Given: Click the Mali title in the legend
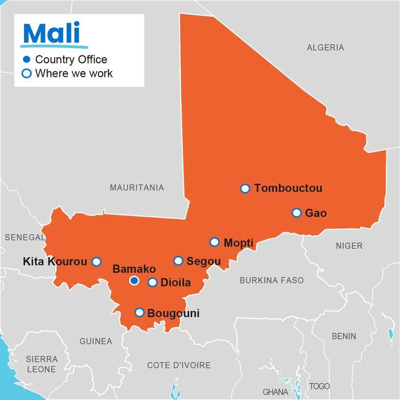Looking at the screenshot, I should tap(52, 33).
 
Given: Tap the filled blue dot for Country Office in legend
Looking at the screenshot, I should tap(27, 59).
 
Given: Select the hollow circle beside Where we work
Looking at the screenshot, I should tap(27, 73).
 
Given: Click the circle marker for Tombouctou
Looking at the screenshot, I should tap(245, 189).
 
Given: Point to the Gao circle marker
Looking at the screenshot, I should tap(296, 213).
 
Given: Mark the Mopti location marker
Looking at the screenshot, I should tap(215, 242).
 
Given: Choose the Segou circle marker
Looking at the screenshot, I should tap(178, 261).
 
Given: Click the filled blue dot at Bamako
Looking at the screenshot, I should tap(134, 281).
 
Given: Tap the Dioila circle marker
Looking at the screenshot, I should tap(152, 282).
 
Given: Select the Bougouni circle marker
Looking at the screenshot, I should tap(139, 312).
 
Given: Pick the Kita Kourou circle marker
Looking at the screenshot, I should tap(96, 262).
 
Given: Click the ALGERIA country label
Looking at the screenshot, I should tap(325, 48).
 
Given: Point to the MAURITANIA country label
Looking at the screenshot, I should tap(137, 188).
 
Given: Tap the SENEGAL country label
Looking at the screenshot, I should tap(24, 238).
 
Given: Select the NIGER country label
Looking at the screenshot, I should tap(349, 246).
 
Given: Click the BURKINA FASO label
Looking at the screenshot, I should tap(272, 280).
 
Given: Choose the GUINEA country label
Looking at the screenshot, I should tap(96, 341).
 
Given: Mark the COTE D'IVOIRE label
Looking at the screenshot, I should tap(179, 365).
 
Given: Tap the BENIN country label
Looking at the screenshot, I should tap(344, 336).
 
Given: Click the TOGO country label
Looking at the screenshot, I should tap(319, 386).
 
